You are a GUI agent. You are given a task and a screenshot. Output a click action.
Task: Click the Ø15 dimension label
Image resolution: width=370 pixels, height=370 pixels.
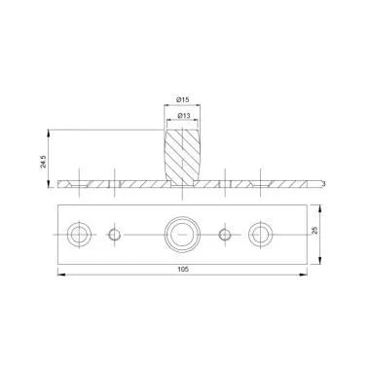click(182, 100)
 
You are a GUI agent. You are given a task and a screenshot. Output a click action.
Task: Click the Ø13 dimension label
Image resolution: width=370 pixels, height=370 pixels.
click(184, 115)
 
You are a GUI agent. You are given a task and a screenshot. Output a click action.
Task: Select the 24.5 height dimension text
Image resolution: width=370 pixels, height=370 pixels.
click(44, 162)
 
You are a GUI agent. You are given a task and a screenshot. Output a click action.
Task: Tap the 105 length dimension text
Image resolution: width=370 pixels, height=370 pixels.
click(182, 269)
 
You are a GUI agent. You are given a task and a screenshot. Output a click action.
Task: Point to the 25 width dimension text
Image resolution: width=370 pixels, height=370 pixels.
click(314, 231)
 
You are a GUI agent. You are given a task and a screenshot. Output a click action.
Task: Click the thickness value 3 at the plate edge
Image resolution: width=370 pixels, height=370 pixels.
click(324, 184)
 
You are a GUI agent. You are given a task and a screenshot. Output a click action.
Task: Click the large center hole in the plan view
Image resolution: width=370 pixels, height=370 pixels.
click(182, 234)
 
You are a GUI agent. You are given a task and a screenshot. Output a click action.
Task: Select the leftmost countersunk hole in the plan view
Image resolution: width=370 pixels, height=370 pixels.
click(79, 234)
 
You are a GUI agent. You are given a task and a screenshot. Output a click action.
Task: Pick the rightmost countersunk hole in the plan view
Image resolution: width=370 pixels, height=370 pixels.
click(261, 234)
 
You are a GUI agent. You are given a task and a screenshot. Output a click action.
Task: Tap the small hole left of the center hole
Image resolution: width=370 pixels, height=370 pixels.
click(114, 234)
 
